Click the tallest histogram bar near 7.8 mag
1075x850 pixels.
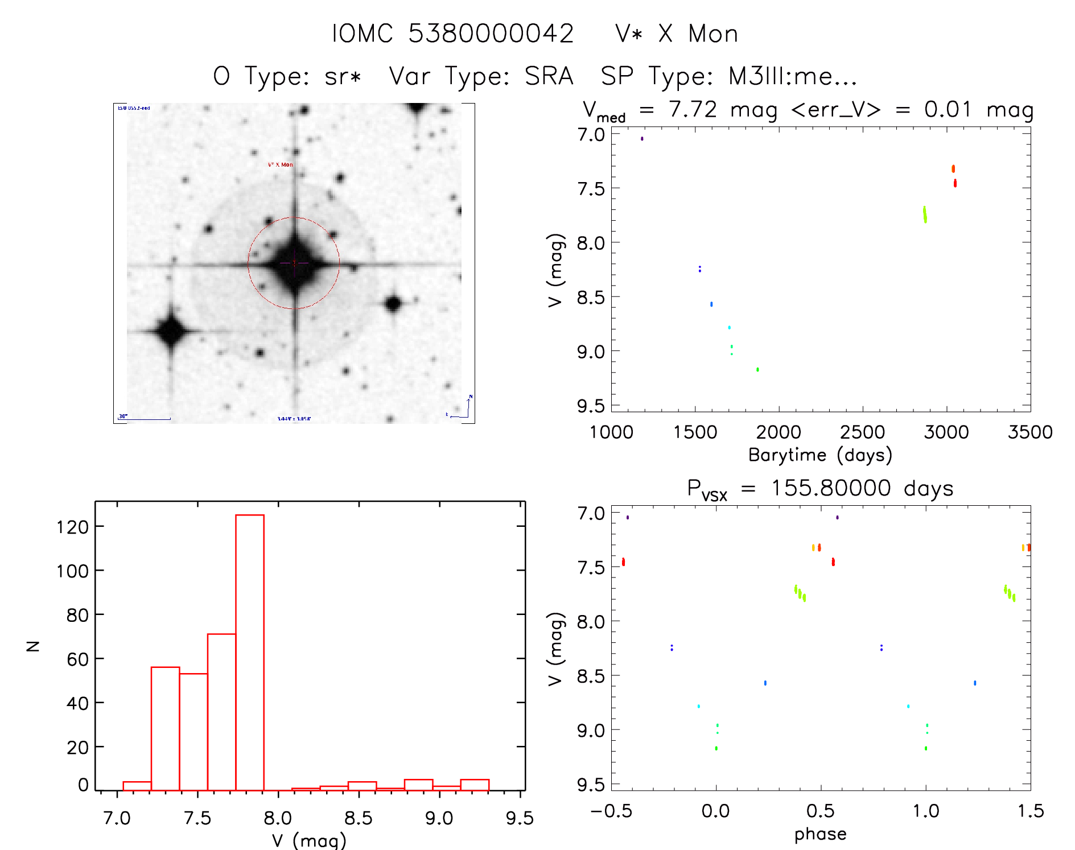pyautogui.click(x=250, y=652)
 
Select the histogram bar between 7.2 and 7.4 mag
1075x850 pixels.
pyautogui.click(x=166, y=728)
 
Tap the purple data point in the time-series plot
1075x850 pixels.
pyautogui.click(x=642, y=138)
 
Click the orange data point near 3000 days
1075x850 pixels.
pyautogui.click(x=953, y=168)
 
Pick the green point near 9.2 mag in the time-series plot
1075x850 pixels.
pyautogui.click(x=757, y=369)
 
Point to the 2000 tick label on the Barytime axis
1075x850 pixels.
pyautogui.click(x=779, y=432)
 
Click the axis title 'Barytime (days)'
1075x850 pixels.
pyautogui.click(x=820, y=455)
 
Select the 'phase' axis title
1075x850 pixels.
pyautogui.click(x=820, y=834)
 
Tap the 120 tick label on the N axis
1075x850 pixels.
pyautogui.click(x=72, y=527)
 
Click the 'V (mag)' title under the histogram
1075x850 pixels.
pyautogui.click(x=309, y=840)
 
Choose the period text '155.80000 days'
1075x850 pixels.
pyautogui.click(x=862, y=488)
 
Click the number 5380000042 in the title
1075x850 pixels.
pyautogui.click(x=491, y=34)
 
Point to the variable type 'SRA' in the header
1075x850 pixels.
pyautogui.click(x=549, y=76)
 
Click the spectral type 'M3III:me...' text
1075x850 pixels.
pyautogui.click(x=792, y=76)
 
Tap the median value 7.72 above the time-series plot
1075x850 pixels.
pyautogui.click(x=693, y=109)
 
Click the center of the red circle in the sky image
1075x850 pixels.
pyautogui.click(x=294, y=263)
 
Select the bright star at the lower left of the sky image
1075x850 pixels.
pyautogui.click(x=171, y=331)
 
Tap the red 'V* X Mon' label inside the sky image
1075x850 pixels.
pyautogui.click(x=281, y=165)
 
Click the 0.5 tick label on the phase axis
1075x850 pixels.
pyautogui.click(x=820, y=811)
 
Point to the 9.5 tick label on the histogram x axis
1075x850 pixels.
pyautogui.click(x=520, y=819)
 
